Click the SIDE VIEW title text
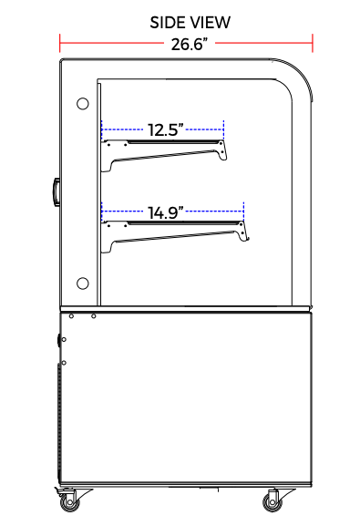tap(190, 23)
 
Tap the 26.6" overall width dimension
tap(190, 44)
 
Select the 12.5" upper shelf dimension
tap(166, 129)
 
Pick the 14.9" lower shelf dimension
tap(166, 212)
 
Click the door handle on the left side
tap(56, 191)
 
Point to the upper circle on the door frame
tap(83, 104)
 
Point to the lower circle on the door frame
tap(83, 284)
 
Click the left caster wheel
tap(69, 502)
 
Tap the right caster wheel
tap(273, 502)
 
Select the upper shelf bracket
tap(164, 154)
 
